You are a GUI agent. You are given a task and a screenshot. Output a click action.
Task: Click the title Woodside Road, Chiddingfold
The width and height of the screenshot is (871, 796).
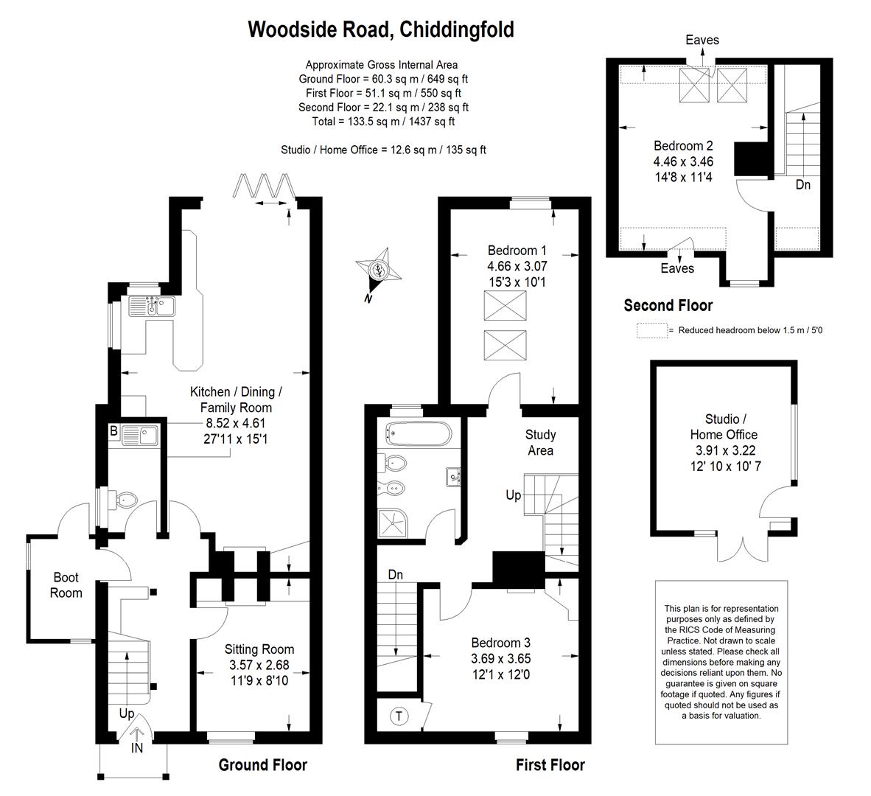pyautogui.click(x=381, y=29)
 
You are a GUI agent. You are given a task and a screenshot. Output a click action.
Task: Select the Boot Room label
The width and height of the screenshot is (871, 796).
pyautogui.click(x=66, y=585)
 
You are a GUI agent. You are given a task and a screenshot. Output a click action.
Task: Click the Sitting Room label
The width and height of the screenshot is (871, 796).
pyautogui.click(x=259, y=649)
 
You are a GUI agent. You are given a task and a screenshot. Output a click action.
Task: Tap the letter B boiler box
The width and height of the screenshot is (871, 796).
pyautogui.click(x=113, y=431)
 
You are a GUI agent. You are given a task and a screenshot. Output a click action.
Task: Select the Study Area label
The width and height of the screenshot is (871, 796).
pyautogui.click(x=540, y=442)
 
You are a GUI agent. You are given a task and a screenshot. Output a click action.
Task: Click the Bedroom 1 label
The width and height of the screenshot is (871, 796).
pyautogui.click(x=517, y=251)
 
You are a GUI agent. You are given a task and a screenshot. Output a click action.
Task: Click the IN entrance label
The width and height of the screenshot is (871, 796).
pyautogui.click(x=138, y=748)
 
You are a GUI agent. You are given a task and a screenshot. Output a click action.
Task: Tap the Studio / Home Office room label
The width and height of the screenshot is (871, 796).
pyautogui.click(x=724, y=427)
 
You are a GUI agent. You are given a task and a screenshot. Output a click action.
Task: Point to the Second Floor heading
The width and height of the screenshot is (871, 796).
pyautogui.click(x=668, y=305)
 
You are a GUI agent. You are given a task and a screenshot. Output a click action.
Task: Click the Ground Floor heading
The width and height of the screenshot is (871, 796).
pyautogui.click(x=262, y=765)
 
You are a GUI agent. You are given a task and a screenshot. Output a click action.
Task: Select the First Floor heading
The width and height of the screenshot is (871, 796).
pyautogui.click(x=550, y=765)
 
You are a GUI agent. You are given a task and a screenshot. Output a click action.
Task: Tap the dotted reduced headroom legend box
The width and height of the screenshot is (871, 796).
pyautogui.click(x=652, y=330)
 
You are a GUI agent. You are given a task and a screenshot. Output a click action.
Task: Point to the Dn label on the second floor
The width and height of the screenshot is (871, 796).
pyautogui.click(x=802, y=185)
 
